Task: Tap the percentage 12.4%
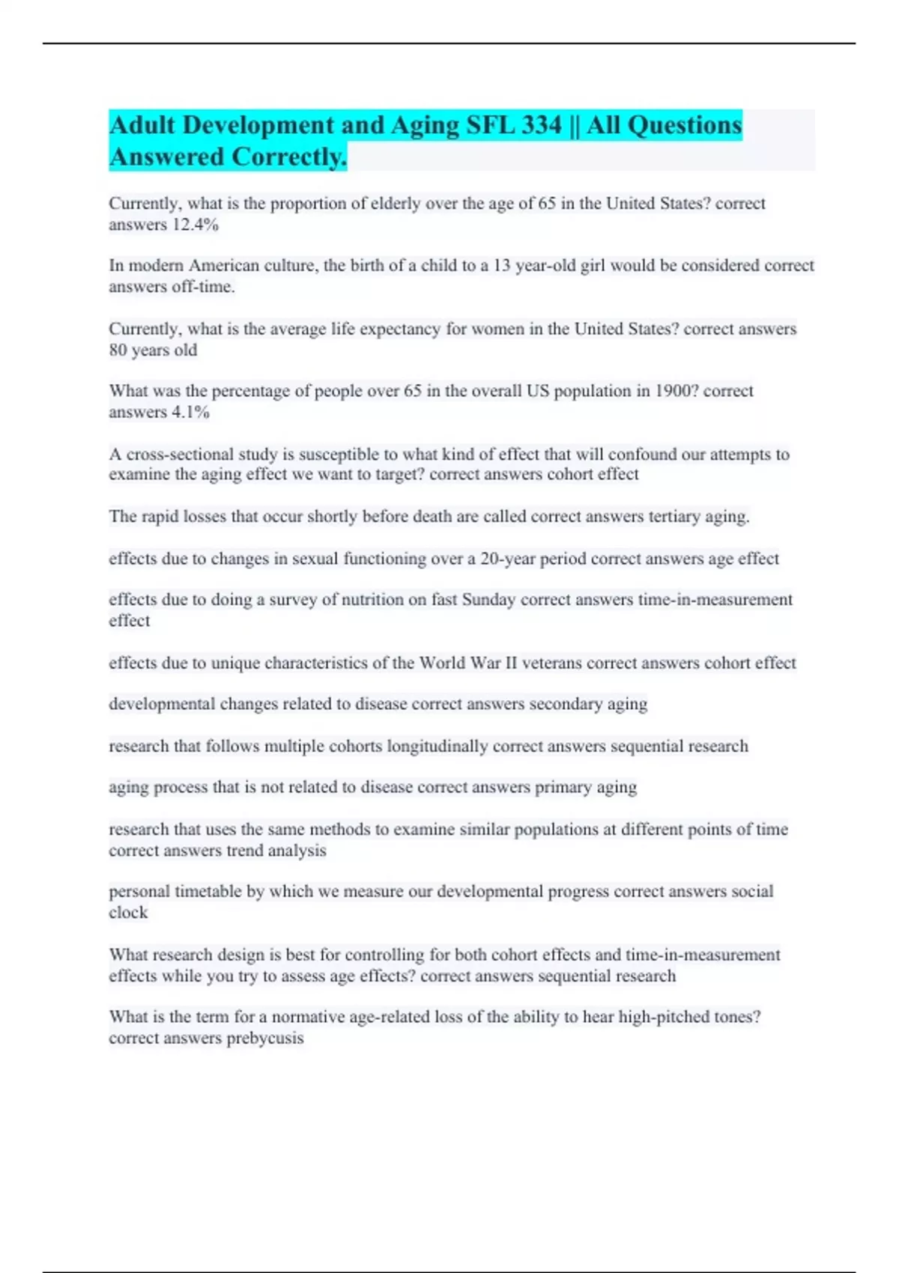195,225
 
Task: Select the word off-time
203,287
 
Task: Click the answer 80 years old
153,350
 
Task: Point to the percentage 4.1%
190,412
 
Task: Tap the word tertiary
674,517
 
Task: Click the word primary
563,787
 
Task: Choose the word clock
128,913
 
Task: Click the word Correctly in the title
289,157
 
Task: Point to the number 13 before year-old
501,266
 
